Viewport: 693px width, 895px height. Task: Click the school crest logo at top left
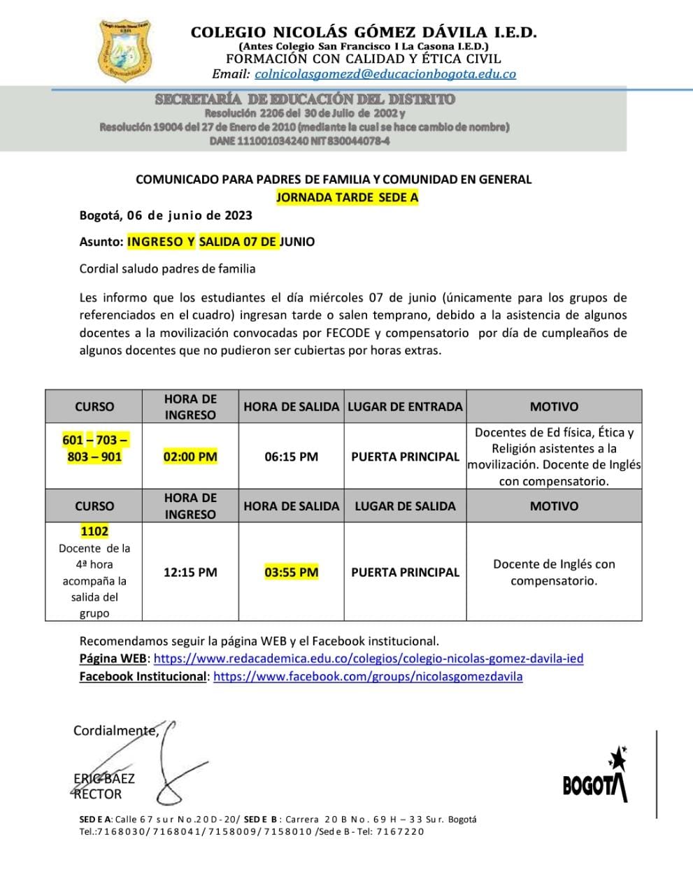click(127, 50)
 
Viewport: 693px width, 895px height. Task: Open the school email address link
click(385, 73)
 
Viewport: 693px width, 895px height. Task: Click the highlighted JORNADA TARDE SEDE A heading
click(347, 197)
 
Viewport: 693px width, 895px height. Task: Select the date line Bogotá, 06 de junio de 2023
click(166, 215)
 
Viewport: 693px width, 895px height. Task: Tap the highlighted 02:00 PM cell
click(190, 457)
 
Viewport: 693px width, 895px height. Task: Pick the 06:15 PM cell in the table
click(291, 457)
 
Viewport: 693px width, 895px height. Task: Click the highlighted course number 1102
click(94, 531)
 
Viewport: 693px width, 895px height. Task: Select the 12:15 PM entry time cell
click(190, 572)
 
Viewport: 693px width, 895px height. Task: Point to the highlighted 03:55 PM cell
click(291, 572)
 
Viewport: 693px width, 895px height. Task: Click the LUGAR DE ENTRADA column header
click(405, 406)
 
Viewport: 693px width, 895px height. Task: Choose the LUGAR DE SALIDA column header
click(405, 506)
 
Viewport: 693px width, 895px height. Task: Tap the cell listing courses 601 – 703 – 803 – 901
click(94, 448)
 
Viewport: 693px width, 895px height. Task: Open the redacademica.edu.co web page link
click(369, 659)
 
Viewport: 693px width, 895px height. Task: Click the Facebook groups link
click(368, 677)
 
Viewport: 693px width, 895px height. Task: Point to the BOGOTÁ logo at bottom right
click(596, 778)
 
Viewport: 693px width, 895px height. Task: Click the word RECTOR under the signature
click(98, 794)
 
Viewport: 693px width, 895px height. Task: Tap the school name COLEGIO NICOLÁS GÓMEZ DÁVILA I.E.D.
click(364, 32)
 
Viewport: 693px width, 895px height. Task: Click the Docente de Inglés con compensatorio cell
click(554, 572)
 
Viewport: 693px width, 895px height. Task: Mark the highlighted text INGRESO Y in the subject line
click(161, 242)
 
